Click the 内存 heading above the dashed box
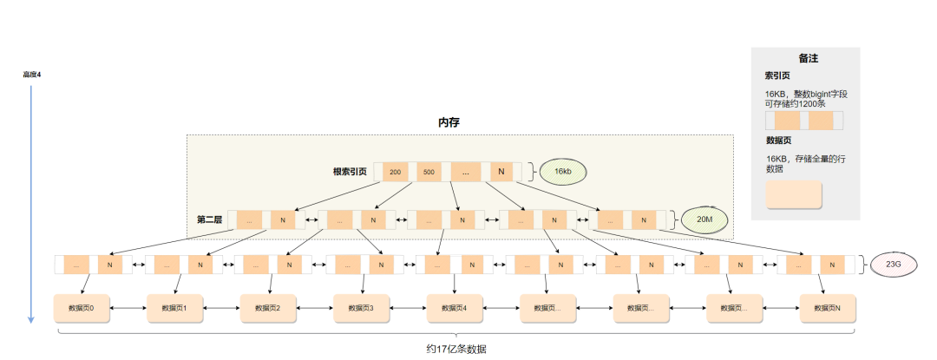[449, 122]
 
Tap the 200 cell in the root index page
[395, 172]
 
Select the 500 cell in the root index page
[429, 172]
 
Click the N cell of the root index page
[501, 172]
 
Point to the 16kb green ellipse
[562, 172]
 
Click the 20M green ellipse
[704, 220]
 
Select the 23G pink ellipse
[892, 265]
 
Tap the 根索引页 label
[349, 172]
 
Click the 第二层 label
[209, 220]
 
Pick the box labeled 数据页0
[82, 308]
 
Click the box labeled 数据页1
[174, 308]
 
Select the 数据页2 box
[267, 308]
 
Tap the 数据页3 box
[360, 308]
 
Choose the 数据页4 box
[454, 308]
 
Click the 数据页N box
[826, 308]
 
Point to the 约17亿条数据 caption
[455, 349]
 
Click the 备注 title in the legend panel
[808, 59]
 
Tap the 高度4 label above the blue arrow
[32, 75]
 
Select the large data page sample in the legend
[793, 194]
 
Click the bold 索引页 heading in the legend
[777, 76]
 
